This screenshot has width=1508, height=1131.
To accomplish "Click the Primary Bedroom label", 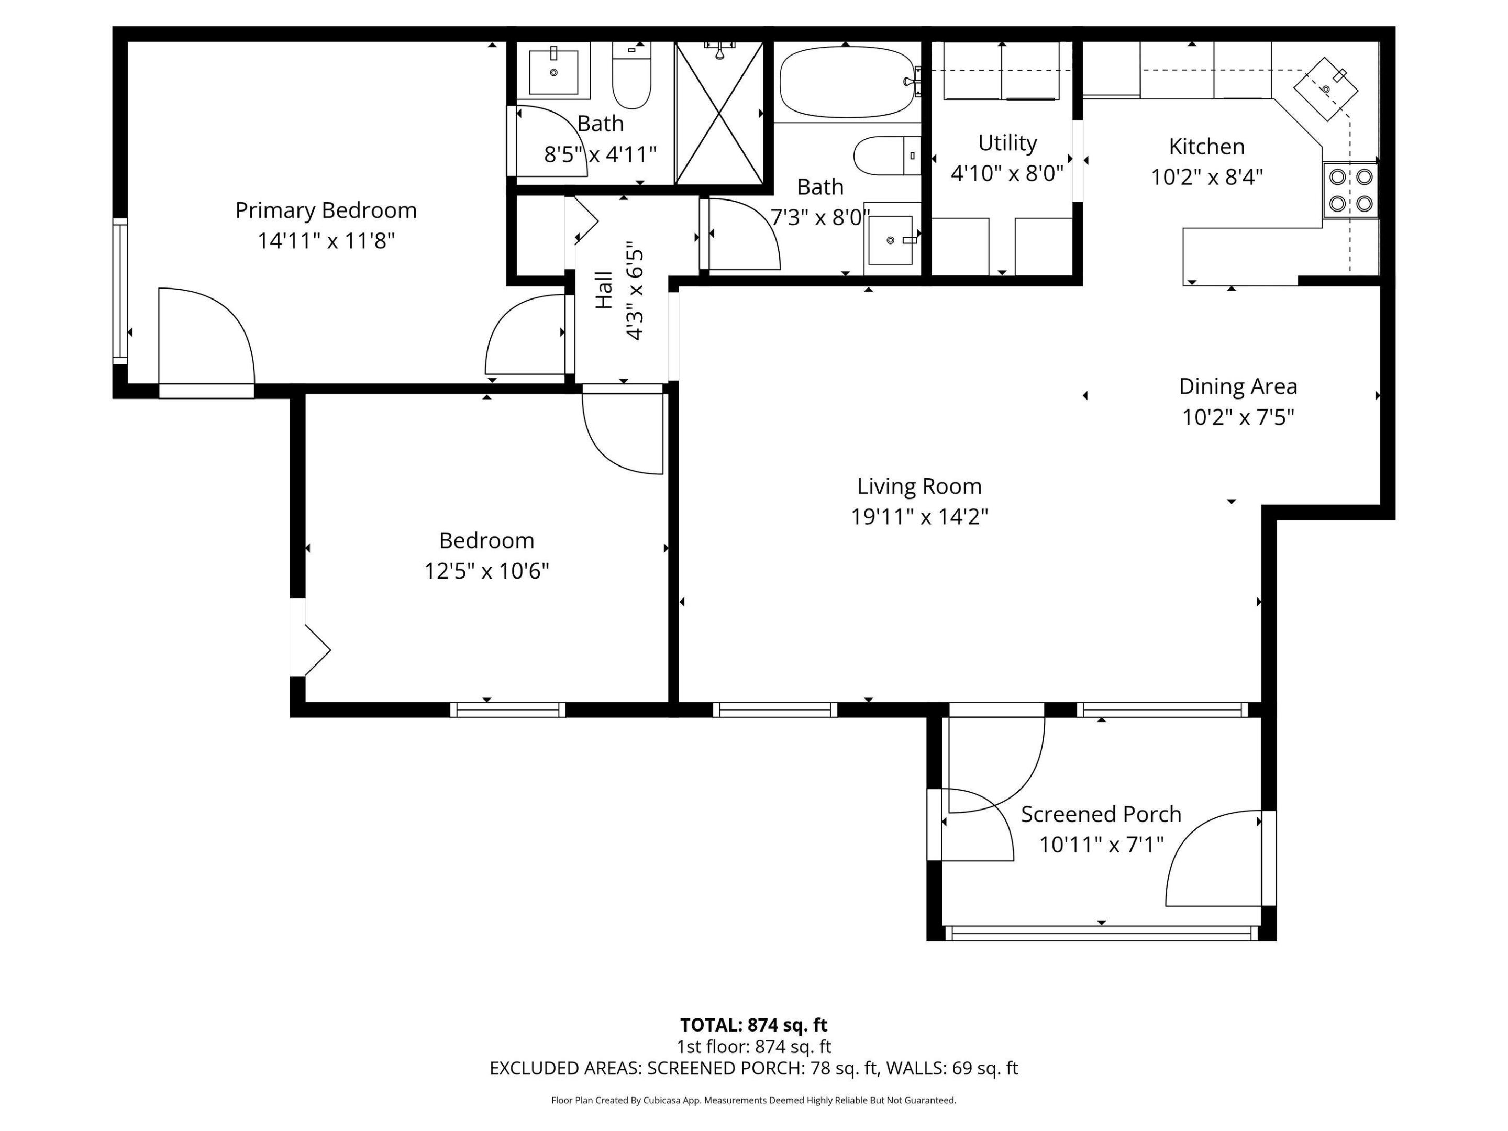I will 326,210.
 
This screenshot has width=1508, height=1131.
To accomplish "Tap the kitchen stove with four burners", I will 1350,190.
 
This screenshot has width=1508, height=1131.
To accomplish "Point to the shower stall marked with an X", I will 720,113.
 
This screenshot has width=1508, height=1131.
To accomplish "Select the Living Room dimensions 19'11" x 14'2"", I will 919,517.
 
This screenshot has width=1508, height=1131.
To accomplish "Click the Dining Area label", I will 1237,386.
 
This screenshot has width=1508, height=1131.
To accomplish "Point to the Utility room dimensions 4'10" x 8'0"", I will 1007,174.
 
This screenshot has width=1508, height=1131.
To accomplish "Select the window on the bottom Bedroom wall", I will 507,709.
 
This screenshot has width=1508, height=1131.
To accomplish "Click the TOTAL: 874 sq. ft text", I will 753,1025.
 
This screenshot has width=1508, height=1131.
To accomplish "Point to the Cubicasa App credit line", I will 753,1100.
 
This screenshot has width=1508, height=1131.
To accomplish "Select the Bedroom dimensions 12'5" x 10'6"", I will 487,571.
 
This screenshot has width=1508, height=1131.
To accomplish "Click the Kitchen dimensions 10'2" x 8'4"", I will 1207,178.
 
